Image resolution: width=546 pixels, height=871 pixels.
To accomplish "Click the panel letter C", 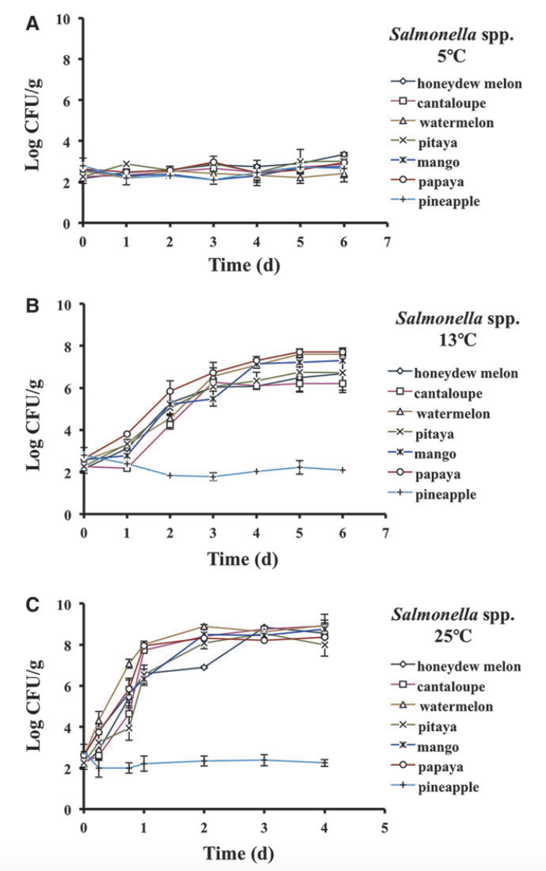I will [x=32, y=605].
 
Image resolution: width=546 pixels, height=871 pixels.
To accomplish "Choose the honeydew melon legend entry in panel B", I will [x=465, y=373].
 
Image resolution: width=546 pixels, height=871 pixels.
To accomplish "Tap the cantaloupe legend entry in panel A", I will [x=450, y=103].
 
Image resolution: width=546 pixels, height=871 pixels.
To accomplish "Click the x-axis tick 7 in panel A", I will [x=388, y=241].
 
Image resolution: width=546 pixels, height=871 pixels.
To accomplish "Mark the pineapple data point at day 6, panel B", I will [x=343, y=470].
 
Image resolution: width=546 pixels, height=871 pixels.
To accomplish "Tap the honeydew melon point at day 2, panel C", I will [x=204, y=667].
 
